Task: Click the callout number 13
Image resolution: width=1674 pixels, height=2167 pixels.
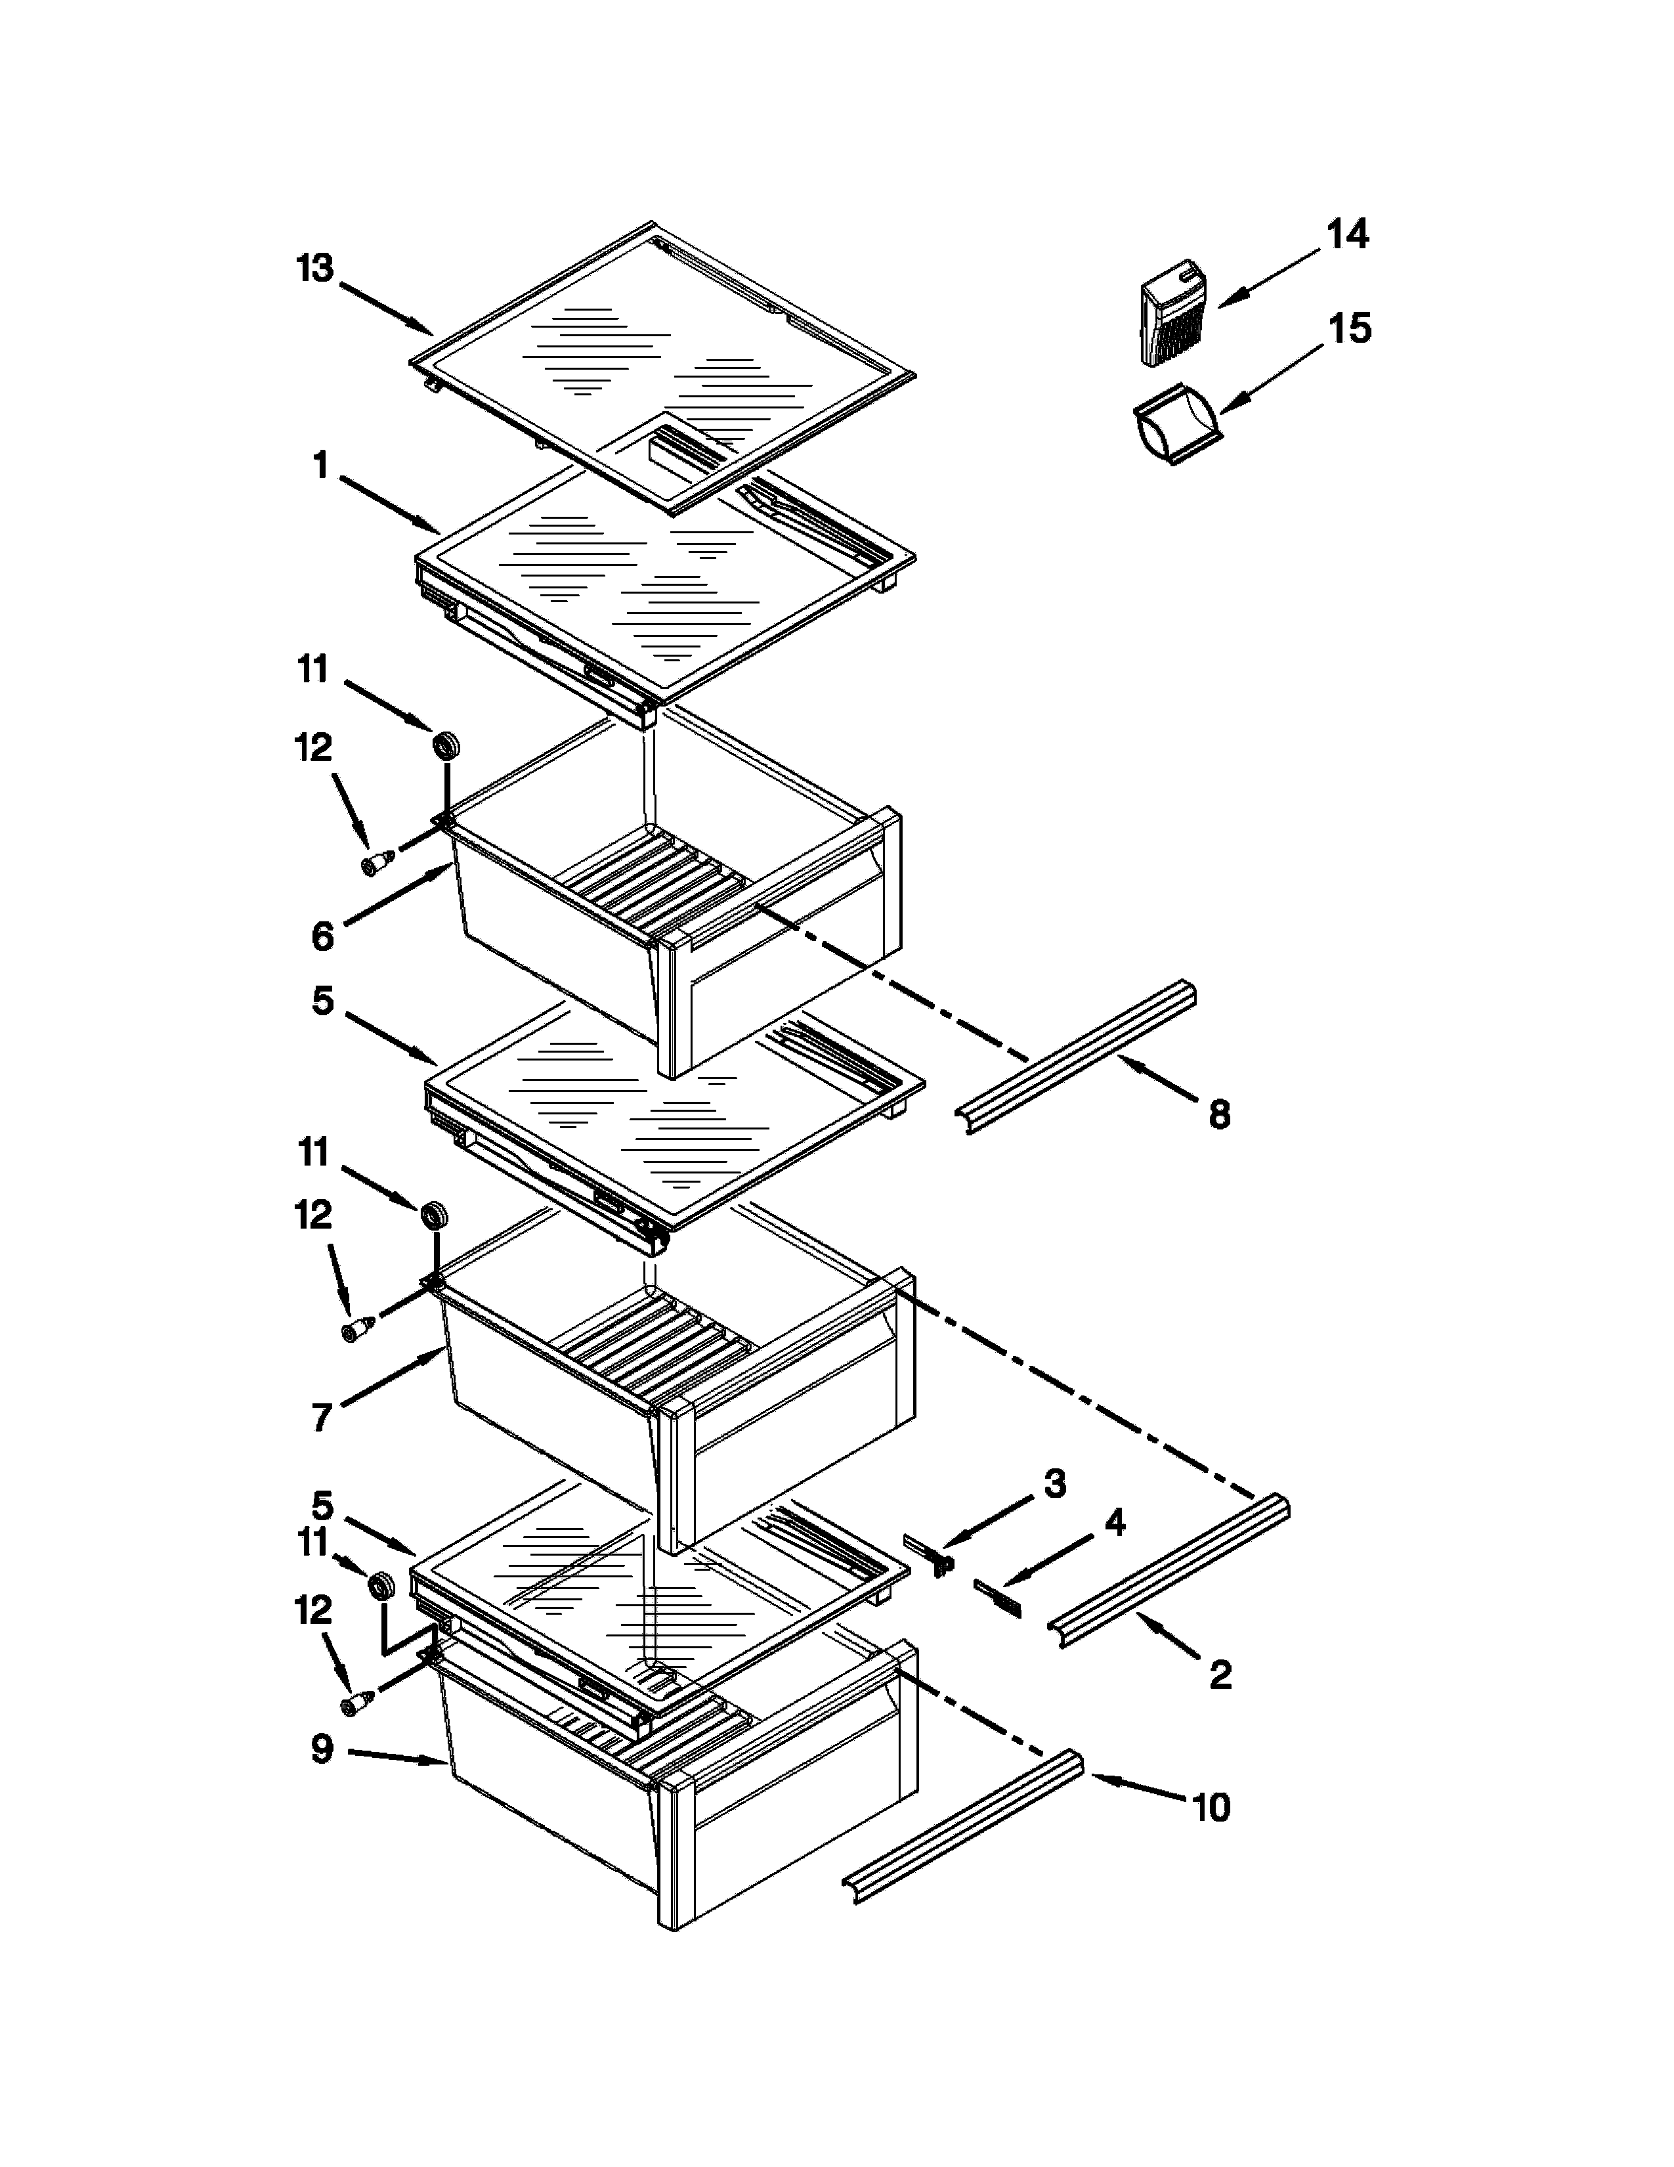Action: point(315,269)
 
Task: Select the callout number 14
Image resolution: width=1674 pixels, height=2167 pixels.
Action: point(1348,235)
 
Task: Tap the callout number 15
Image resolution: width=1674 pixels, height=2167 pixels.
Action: point(1350,328)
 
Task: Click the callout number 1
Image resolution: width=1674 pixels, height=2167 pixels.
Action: point(320,464)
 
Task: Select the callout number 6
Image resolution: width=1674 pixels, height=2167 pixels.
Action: point(322,936)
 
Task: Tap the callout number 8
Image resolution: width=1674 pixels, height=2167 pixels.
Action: point(1219,1114)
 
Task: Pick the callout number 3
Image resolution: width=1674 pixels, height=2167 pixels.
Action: point(1054,1483)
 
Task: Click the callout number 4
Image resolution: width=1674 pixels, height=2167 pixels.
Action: point(1115,1523)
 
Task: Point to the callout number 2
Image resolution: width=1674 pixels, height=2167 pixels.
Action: point(1220,1675)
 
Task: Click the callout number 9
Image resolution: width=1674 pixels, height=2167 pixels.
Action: point(322,1749)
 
